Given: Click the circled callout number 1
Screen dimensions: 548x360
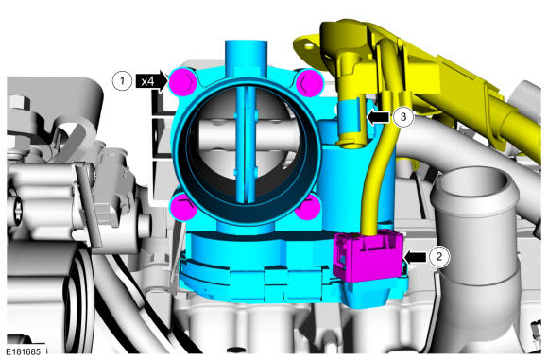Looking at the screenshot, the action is tap(122, 81).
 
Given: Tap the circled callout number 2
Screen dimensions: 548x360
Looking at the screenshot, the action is tap(439, 257).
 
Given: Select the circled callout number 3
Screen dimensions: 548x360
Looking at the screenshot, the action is tap(403, 117).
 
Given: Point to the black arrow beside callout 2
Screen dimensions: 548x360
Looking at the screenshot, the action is tap(415, 258).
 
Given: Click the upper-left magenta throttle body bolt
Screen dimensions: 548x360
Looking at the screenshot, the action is tap(182, 82).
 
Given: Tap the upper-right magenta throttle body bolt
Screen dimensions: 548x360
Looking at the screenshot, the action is tap(309, 83).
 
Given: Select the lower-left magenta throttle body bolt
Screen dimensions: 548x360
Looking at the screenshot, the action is tap(183, 208).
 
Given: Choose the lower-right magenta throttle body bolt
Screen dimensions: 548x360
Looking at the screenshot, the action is tap(308, 208).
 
